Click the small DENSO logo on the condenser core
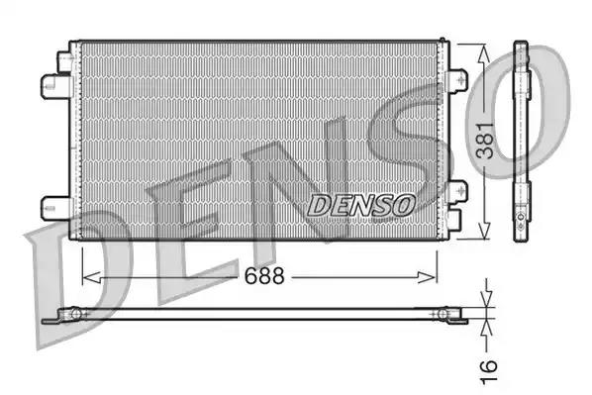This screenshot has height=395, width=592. pos(361,205)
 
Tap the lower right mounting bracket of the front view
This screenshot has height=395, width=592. pos(457,194)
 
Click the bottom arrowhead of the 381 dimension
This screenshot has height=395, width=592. pos(482,232)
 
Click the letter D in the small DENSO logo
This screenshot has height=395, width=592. pos(320,205)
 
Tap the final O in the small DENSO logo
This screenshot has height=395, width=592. pos(402,205)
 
